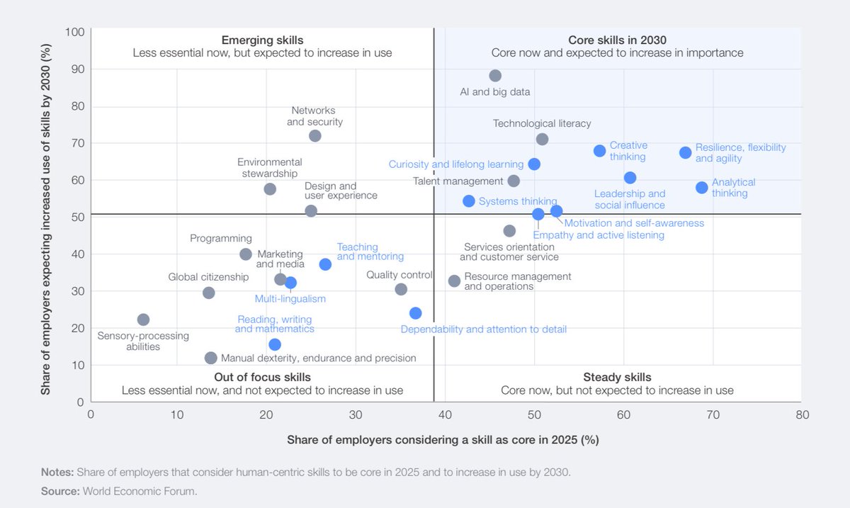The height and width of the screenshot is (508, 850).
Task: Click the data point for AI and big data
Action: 495,76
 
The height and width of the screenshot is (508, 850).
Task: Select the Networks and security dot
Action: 315,135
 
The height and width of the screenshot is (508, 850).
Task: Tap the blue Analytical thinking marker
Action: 701,188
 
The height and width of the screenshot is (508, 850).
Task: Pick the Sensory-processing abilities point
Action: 143,320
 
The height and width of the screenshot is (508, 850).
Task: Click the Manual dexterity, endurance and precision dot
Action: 210,358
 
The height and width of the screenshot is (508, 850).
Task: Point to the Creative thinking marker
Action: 599,151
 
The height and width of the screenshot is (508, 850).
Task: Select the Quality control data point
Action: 401,289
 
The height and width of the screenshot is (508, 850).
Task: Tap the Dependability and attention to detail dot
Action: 416,313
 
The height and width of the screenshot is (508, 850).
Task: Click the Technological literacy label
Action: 542,123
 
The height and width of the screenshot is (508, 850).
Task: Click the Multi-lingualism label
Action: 290,298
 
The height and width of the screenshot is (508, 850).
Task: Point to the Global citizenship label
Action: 208,277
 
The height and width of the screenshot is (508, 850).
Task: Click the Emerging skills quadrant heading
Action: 262,40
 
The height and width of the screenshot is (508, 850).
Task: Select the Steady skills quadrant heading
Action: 617,377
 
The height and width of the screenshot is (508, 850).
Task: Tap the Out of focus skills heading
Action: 262,377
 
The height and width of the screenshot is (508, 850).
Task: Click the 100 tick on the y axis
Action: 75,32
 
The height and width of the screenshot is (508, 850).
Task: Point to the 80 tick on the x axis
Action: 801,414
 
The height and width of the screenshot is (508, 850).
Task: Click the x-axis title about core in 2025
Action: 443,439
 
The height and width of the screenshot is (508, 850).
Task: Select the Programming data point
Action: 246,254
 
